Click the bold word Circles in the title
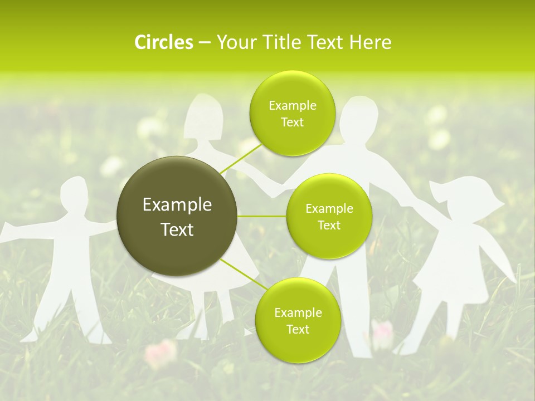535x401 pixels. [x=163, y=42]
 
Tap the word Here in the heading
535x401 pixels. [x=371, y=42]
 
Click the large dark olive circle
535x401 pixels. [x=177, y=216]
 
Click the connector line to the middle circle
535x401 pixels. [x=262, y=216]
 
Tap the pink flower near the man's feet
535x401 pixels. [x=382, y=332]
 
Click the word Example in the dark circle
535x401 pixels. [x=177, y=205]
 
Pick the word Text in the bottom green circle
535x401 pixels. [x=298, y=329]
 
